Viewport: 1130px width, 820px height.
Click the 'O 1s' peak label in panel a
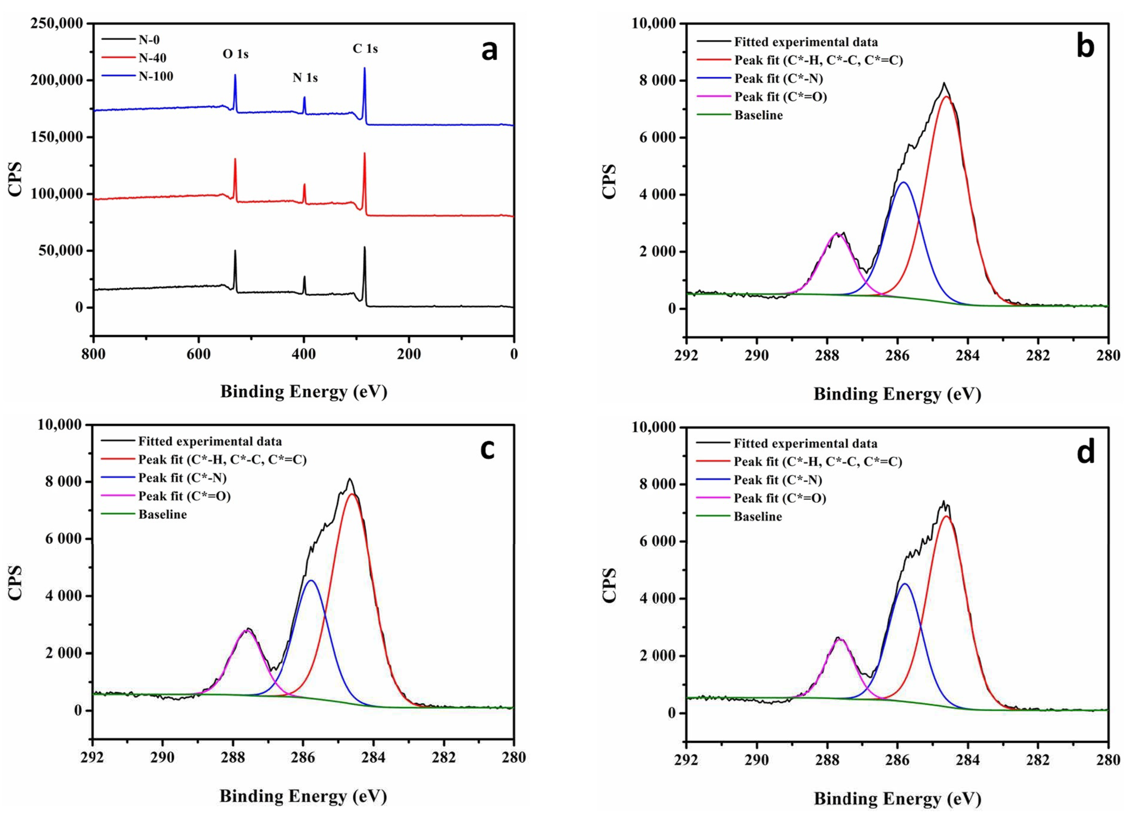(x=235, y=54)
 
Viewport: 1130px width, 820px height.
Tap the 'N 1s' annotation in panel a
(x=305, y=78)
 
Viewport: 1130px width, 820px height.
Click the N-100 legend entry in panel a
(x=155, y=76)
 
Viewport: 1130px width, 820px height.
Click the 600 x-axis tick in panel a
(x=198, y=354)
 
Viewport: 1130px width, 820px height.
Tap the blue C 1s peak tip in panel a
(x=364, y=68)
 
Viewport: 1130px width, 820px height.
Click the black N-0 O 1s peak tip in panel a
(x=235, y=251)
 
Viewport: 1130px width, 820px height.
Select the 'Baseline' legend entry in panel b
(x=758, y=115)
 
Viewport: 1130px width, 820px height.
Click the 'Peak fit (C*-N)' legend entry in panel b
(x=778, y=79)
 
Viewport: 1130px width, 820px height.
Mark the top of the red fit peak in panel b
(x=945, y=97)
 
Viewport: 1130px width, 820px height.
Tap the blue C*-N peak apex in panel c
(x=311, y=580)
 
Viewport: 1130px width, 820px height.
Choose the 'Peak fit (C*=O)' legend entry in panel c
(x=184, y=496)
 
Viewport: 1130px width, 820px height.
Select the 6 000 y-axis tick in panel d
(x=656, y=542)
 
